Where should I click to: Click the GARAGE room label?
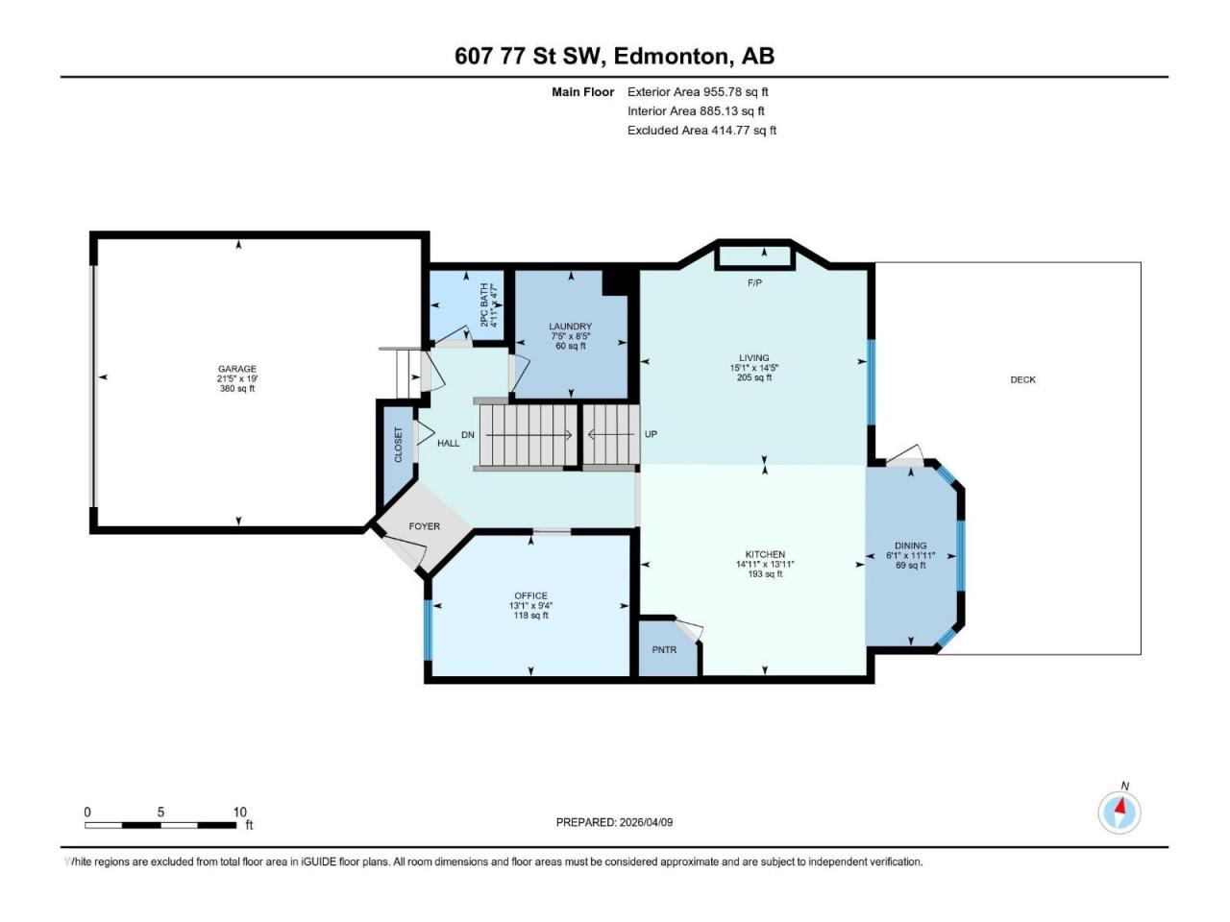click(x=236, y=369)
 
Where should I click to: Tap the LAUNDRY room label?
click(x=570, y=327)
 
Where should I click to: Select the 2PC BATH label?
click(x=484, y=304)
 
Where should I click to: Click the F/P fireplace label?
click(x=754, y=283)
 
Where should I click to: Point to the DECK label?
click(x=1022, y=379)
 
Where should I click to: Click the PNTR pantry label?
click(x=664, y=650)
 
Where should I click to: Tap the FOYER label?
click(x=424, y=526)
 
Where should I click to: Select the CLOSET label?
click(x=399, y=445)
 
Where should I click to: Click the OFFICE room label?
click(x=530, y=595)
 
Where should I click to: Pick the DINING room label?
click(x=910, y=546)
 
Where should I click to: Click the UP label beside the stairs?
click(x=651, y=434)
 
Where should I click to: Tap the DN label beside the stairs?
click(x=468, y=435)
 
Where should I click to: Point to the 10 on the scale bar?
click(x=239, y=812)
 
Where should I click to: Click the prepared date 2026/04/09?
click(x=646, y=822)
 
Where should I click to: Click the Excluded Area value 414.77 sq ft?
click(x=744, y=131)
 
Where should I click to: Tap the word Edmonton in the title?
click(x=671, y=56)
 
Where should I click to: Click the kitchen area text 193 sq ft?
click(x=765, y=574)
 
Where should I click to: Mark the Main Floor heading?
click(x=582, y=92)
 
